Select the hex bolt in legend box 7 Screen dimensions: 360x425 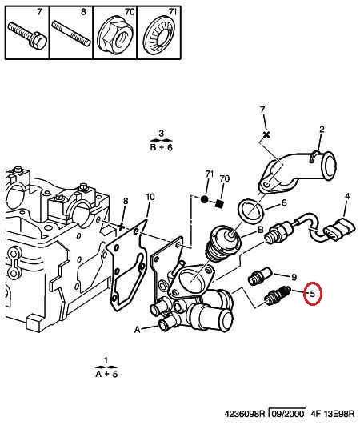click(27, 36)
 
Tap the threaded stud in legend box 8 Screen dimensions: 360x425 click(71, 34)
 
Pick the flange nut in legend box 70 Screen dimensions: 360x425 click(116, 36)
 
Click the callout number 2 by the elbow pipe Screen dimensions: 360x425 click(322, 130)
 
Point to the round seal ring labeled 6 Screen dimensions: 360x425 click(250, 211)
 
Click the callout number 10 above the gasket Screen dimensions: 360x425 click(150, 197)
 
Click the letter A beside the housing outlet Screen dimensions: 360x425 click(138, 330)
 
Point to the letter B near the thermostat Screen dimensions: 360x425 click(260, 230)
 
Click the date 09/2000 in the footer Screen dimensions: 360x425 click(288, 414)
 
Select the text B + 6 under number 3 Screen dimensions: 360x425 click(161, 148)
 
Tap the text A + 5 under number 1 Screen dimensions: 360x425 click(106, 374)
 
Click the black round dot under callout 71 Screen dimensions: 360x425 click(205, 199)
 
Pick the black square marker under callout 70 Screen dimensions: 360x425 click(219, 204)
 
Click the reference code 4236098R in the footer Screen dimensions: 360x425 click(244, 414)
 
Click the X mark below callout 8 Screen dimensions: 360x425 click(121, 227)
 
